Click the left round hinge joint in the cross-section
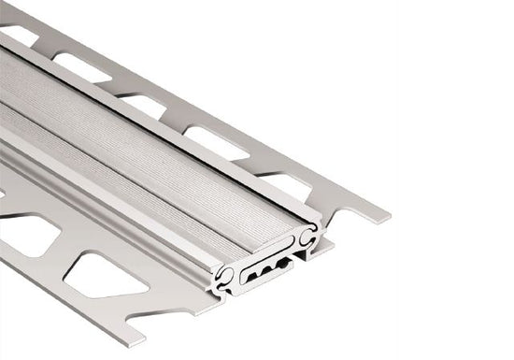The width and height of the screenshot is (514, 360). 224,275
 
